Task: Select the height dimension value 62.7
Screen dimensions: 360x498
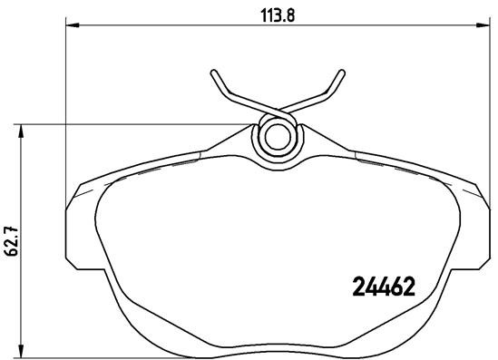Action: tap(13, 240)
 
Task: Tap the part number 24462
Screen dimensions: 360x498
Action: tap(382, 288)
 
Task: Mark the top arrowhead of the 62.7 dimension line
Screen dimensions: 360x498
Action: tap(23, 129)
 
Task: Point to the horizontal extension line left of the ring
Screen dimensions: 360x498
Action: tap(136, 124)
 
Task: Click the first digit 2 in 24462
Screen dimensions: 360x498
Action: tap(356, 288)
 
